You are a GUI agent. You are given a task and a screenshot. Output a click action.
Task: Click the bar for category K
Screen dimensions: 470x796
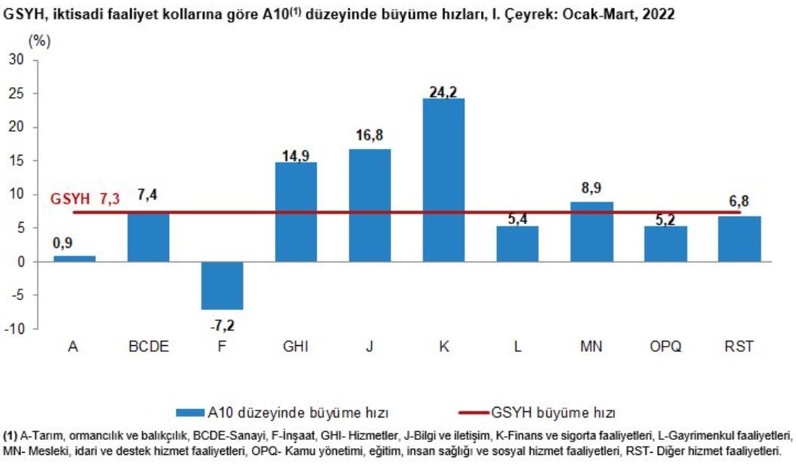[443, 180]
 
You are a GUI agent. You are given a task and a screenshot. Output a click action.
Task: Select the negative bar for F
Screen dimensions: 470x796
[222, 286]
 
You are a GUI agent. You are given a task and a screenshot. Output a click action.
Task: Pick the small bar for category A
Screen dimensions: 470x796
[74, 259]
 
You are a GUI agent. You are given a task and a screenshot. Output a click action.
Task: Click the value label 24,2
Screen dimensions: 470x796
[443, 92]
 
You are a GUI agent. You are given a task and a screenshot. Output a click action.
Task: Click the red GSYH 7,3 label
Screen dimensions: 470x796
[85, 199]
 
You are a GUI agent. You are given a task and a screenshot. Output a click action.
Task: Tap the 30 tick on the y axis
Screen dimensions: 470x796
[17, 60]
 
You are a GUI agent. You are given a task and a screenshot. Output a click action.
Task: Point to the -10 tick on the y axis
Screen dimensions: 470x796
[15, 329]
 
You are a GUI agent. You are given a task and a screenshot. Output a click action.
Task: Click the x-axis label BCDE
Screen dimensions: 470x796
[149, 347]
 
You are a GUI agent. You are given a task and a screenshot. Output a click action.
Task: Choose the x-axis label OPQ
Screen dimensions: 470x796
[666, 347]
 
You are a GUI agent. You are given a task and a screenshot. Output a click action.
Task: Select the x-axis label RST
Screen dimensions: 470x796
[739, 347]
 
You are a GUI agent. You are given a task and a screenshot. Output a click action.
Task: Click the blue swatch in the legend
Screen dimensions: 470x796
[189, 413]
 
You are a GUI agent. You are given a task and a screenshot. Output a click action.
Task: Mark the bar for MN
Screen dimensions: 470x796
[592, 232]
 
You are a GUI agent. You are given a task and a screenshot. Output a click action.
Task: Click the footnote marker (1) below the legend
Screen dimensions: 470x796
[11, 435]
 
